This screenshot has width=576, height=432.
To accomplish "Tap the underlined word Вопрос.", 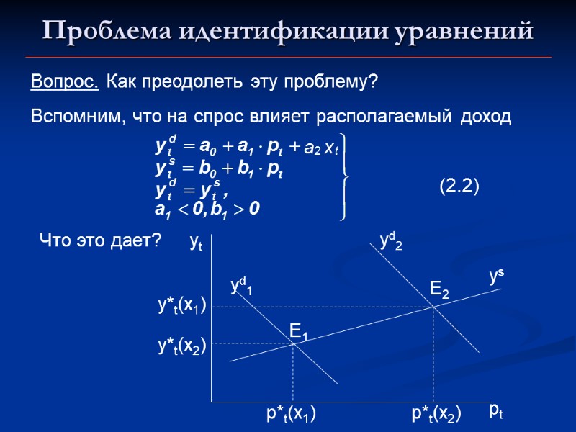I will click(65, 82).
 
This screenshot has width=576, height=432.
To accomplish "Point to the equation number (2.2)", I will click(459, 186).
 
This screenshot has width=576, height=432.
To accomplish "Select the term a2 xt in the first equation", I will click(321, 148).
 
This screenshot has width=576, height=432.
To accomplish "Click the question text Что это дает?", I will click(99, 240).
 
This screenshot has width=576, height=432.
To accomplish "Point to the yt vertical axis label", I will click(196, 243).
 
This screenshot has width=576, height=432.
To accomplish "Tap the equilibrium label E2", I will click(440, 290).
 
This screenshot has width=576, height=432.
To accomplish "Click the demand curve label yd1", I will click(241, 286).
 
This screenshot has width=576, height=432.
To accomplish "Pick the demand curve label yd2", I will click(391, 241).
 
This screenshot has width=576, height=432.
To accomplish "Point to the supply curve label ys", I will click(496, 276).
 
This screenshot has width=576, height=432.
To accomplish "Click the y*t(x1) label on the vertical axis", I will click(182, 306).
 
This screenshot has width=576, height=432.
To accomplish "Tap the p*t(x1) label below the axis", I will click(292, 413).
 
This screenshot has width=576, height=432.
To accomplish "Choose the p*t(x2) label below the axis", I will click(436, 413).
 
